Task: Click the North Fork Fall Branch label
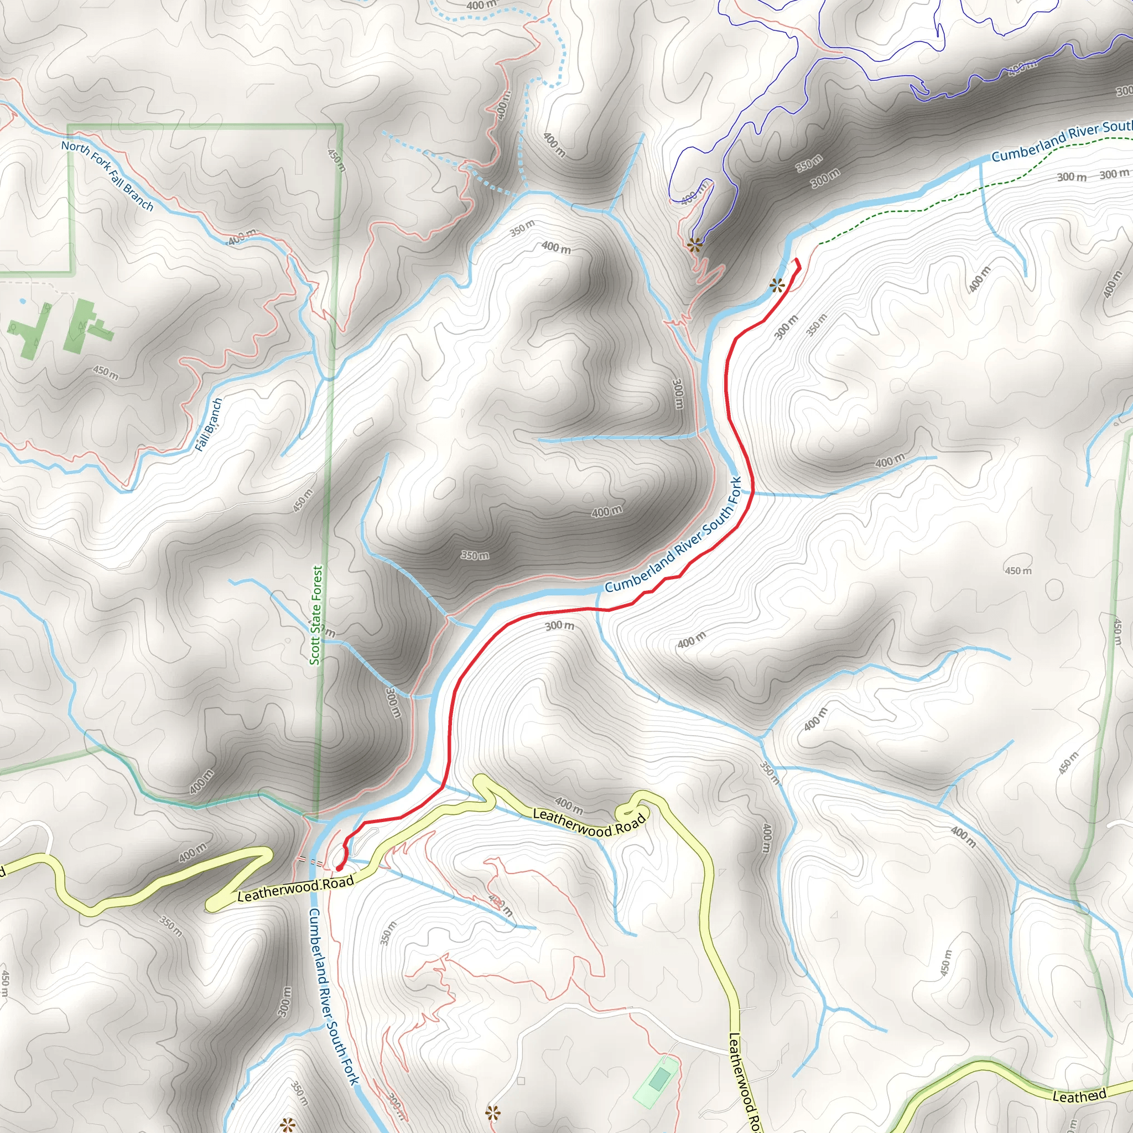pos(107,175)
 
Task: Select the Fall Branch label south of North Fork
pos(209,424)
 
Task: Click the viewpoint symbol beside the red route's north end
pos(777,286)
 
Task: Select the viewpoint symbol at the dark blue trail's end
pos(695,245)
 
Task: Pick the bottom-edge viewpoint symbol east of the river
pos(492,1113)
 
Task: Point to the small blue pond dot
pos(22,301)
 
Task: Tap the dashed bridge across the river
pos(310,861)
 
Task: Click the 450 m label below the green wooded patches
pos(106,372)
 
